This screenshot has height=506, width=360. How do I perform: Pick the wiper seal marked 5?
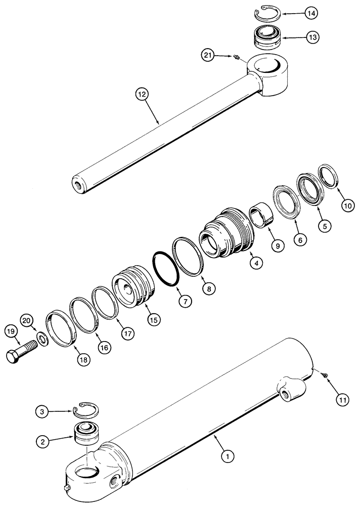click(308, 187)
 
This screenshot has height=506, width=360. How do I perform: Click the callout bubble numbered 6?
click(300, 241)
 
